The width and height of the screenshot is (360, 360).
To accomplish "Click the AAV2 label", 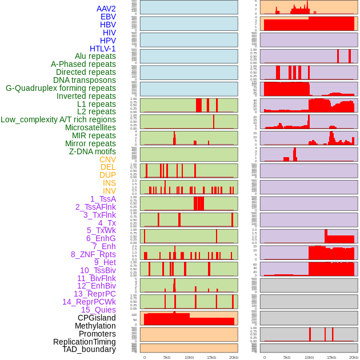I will coord(106,9).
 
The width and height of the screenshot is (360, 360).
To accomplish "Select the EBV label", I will coord(108,17).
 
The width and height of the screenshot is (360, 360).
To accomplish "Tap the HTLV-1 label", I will coord(103,49).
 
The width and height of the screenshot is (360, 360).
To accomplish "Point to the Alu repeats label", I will coord(95,56).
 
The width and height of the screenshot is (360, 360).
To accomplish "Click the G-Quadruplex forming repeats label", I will coord(61,88).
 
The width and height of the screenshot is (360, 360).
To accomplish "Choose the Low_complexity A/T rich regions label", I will coord(58,119).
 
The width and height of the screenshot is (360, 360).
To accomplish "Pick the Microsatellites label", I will coord(90,127).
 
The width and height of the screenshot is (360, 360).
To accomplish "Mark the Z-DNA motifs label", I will coord(93,151).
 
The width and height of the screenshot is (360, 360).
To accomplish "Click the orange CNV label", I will coord(107,159).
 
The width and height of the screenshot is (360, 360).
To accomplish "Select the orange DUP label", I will coord(107,175).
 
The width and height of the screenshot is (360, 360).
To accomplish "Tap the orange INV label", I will coord(109,191).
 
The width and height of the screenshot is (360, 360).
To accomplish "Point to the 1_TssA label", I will coord(103,199).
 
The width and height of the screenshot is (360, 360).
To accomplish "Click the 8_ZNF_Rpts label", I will coord(93,254).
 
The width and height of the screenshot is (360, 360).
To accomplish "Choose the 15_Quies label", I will coord(98,310).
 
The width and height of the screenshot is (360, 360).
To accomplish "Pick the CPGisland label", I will coord(97,318).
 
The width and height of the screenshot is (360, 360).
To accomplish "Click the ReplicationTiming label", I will coord(85,342).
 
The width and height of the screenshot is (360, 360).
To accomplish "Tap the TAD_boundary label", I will coord(89,349).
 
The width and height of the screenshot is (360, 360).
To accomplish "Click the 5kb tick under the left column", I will coord(167,357).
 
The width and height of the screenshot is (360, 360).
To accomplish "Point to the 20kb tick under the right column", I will coord(354,357).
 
